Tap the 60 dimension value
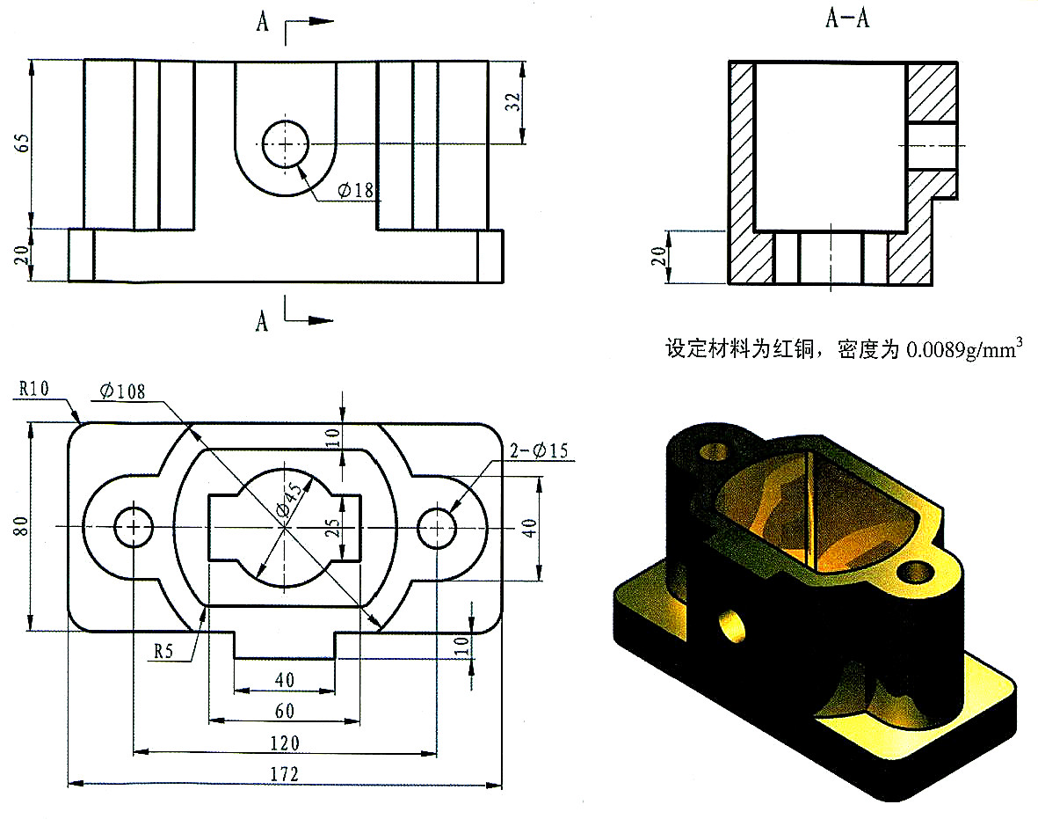[284, 711]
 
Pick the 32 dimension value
[516, 101]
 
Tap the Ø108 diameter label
[122, 391]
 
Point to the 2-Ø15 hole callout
[539, 451]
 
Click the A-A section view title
[846, 19]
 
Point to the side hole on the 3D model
[729, 627]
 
